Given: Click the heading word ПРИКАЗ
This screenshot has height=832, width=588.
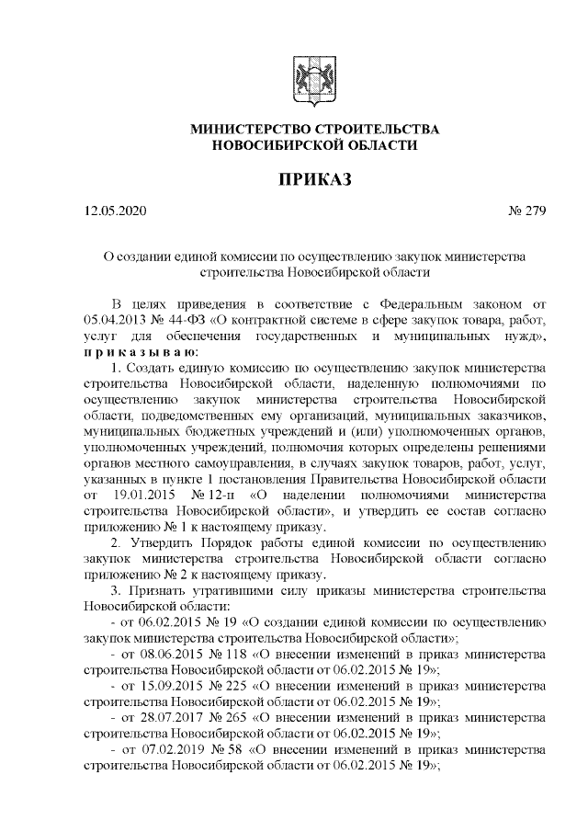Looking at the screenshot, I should tap(314, 177).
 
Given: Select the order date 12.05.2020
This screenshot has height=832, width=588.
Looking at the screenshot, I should tap(115, 212).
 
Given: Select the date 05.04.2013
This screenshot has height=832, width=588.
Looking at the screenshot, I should tap(115, 320).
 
